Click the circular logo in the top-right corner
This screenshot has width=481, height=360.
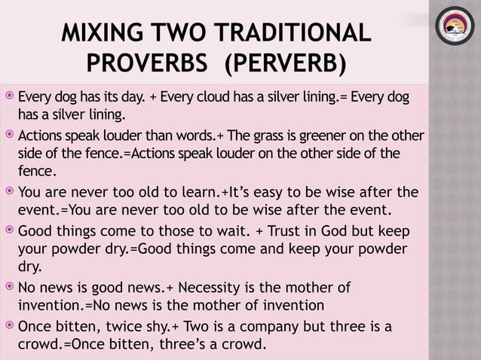click(455, 35)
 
